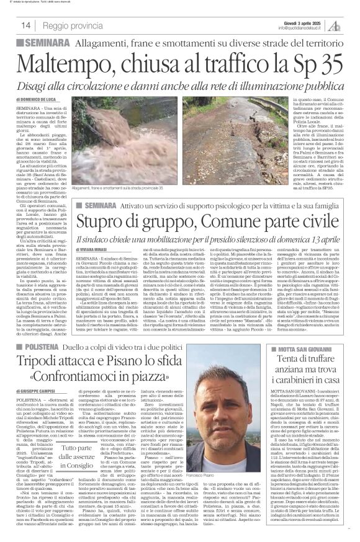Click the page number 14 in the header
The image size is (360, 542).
coord(26,25)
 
